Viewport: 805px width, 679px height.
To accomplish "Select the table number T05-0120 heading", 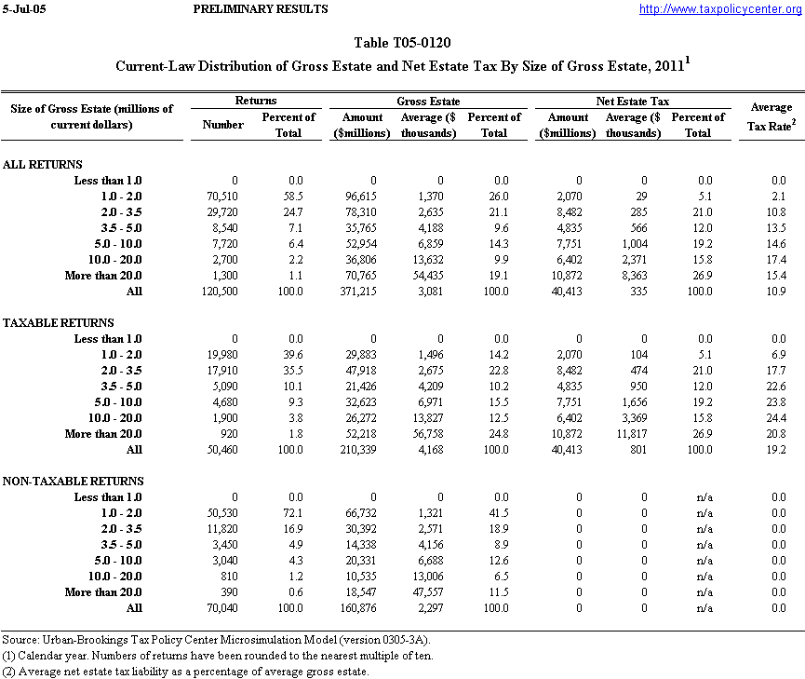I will click(x=403, y=43).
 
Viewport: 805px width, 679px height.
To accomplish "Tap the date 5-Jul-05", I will click(x=23, y=9).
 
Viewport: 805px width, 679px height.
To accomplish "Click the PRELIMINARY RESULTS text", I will click(x=260, y=9).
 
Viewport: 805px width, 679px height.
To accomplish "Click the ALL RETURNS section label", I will click(x=43, y=165).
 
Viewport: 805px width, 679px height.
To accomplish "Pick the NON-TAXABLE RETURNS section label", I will click(x=74, y=482).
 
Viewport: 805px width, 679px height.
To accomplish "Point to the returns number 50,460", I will click(x=224, y=450).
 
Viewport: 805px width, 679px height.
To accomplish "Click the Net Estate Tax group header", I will click(x=632, y=101).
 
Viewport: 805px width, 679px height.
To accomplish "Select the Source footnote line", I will click(x=217, y=640).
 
